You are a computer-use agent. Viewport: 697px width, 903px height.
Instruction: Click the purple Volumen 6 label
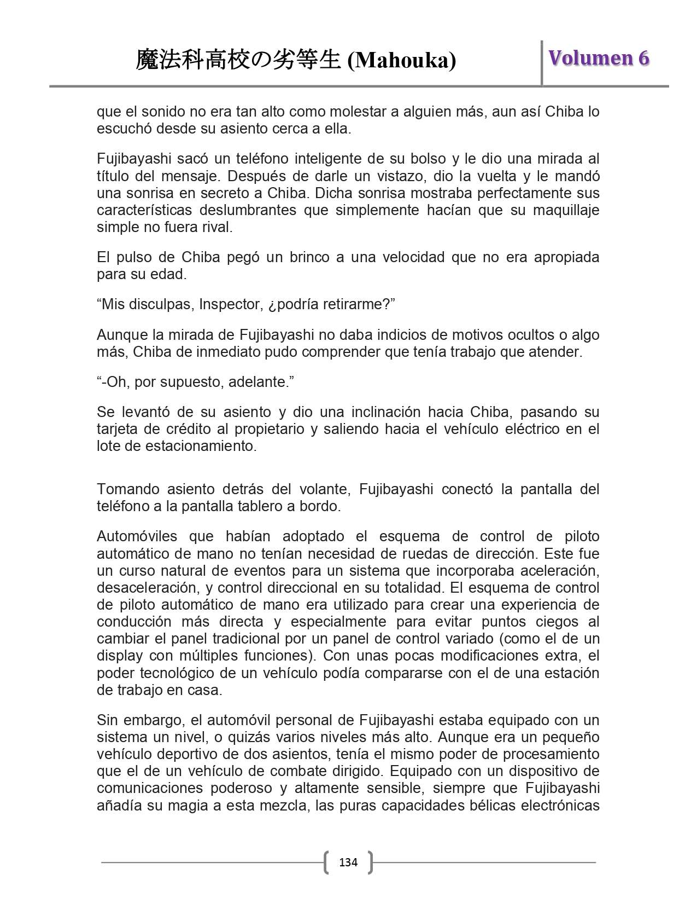(x=599, y=58)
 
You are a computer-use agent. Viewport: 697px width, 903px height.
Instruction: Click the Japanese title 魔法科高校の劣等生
(x=238, y=60)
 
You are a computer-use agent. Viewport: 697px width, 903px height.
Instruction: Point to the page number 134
(x=348, y=863)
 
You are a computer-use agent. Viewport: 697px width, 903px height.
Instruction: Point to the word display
(x=119, y=656)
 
